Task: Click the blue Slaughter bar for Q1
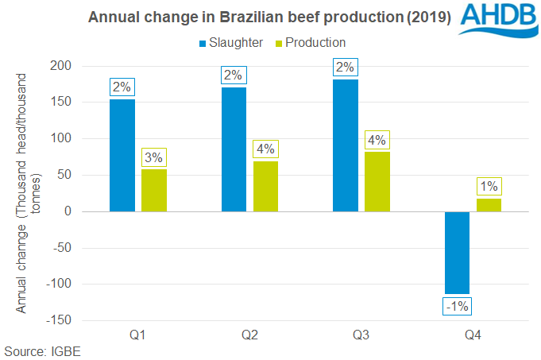tap(122, 155)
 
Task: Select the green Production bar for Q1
tap(154, 191)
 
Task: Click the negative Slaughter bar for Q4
tap(457, 252)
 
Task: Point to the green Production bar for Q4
tap(489, 205)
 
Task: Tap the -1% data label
tap(457, 305)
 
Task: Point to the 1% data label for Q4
tap(489, 187)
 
